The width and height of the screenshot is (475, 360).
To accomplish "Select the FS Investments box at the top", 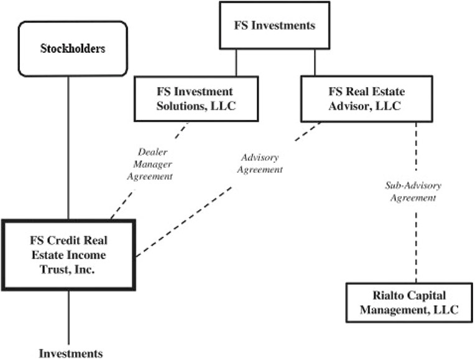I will point(274,25).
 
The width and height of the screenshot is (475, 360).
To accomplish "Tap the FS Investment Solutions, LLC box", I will point(195,98).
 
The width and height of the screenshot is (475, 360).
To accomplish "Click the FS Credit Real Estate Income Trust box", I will point(68,254).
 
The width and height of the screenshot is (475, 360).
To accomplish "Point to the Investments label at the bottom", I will point(70,353).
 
